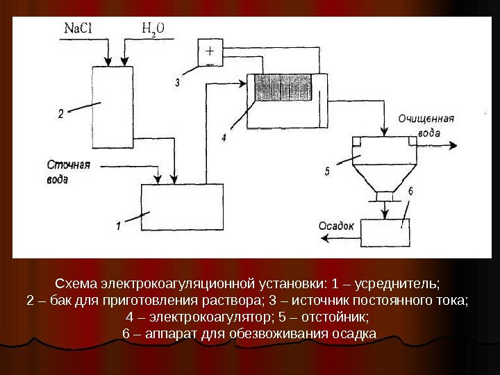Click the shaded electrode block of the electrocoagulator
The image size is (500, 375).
click(282, 90)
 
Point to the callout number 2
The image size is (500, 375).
click(61, 115)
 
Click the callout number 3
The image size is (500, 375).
click(178, 83)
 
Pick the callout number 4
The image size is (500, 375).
click(224, 138)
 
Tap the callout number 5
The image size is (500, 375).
click(326, 170)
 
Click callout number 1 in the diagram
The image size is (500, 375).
click(119, 225)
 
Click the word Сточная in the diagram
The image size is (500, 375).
click(69, 165)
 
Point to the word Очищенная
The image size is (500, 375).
click(426, 119)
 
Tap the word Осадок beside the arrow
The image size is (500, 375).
click(336, 225)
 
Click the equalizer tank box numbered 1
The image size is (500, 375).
click(182, 207)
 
